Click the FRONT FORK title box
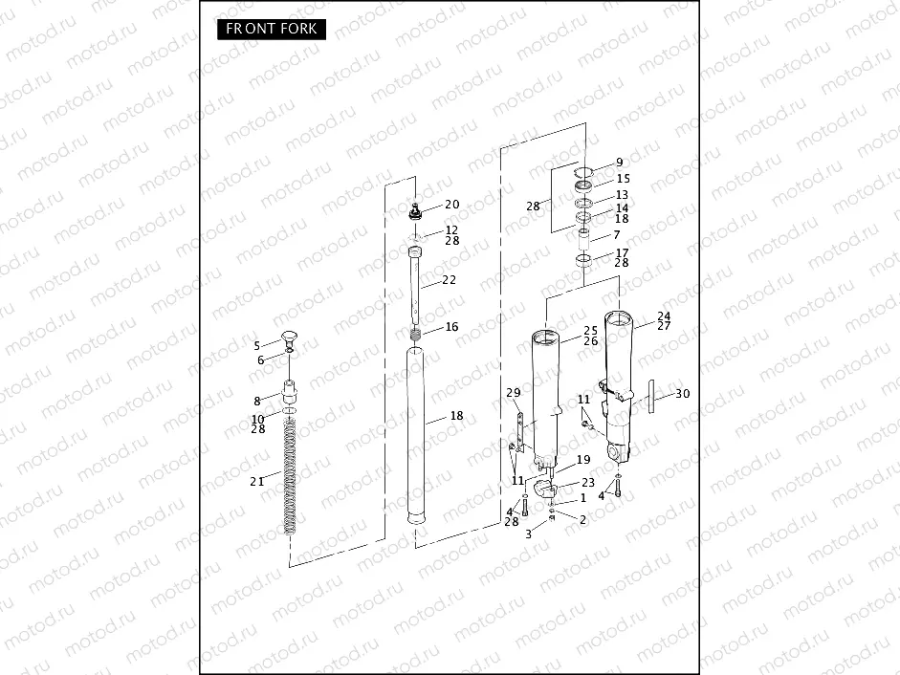pyautogui.click(x=271, y=29)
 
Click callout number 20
pyautogui.click(x=451, y=205)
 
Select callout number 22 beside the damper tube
pyautogui.click(x=449, y=280)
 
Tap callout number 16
pyautogui.click(x=451, y=327)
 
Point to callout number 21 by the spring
pyautogui.click(x=256, y=482)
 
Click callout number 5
pyautogui.click(x=256, y=345)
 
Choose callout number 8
pyautogui.click(x=256, y=401)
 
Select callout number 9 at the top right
pyautogui.click(x=618, y=163)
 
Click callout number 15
pyautogui.click(x=623, y=179)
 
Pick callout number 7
pyautogui.click(x=616, y=235)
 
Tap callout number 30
pyautogui.click(x=682, y=393)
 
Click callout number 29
pyautogui.click(x=513, y=394)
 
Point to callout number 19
pyautogui.click(x=583, y=460)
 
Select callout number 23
pyautogui.click(x=587, y=483)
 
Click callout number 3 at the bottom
pyautogui.click(x=528, y=534)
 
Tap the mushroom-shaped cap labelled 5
pyautogui.click(x=288, y=335)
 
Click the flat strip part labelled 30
pyautogui.click(x=649, y=398)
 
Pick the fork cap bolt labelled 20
pyautogui.click(x=416, y=210)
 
